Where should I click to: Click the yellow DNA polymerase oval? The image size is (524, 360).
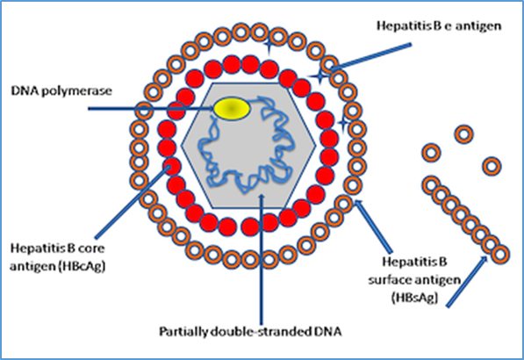(x=232, y=109)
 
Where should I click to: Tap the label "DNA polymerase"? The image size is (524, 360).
(x=61, y=91)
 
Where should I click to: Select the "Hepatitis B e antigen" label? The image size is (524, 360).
(x=439, y=26)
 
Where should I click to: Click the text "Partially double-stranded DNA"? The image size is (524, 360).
(x=250, y=331)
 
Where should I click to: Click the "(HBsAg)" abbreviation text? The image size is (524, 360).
(x=414, y=297)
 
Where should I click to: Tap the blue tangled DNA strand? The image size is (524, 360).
(x=246, y=146)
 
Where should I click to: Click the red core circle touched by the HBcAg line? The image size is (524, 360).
(x=172, y=167)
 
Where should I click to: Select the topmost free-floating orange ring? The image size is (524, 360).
(x=463, y=134)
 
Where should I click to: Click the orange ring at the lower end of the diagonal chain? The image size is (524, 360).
(x=500, y=255)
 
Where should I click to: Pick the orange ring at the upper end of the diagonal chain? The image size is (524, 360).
(x=432, y=185)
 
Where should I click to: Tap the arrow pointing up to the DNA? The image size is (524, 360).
(x=262, y=259)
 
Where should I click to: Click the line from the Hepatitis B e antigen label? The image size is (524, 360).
(x=370, y=57)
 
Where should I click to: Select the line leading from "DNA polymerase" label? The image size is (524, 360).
(x=151, y=108)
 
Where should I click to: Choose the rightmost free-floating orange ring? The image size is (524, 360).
(x=492, y=166)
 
